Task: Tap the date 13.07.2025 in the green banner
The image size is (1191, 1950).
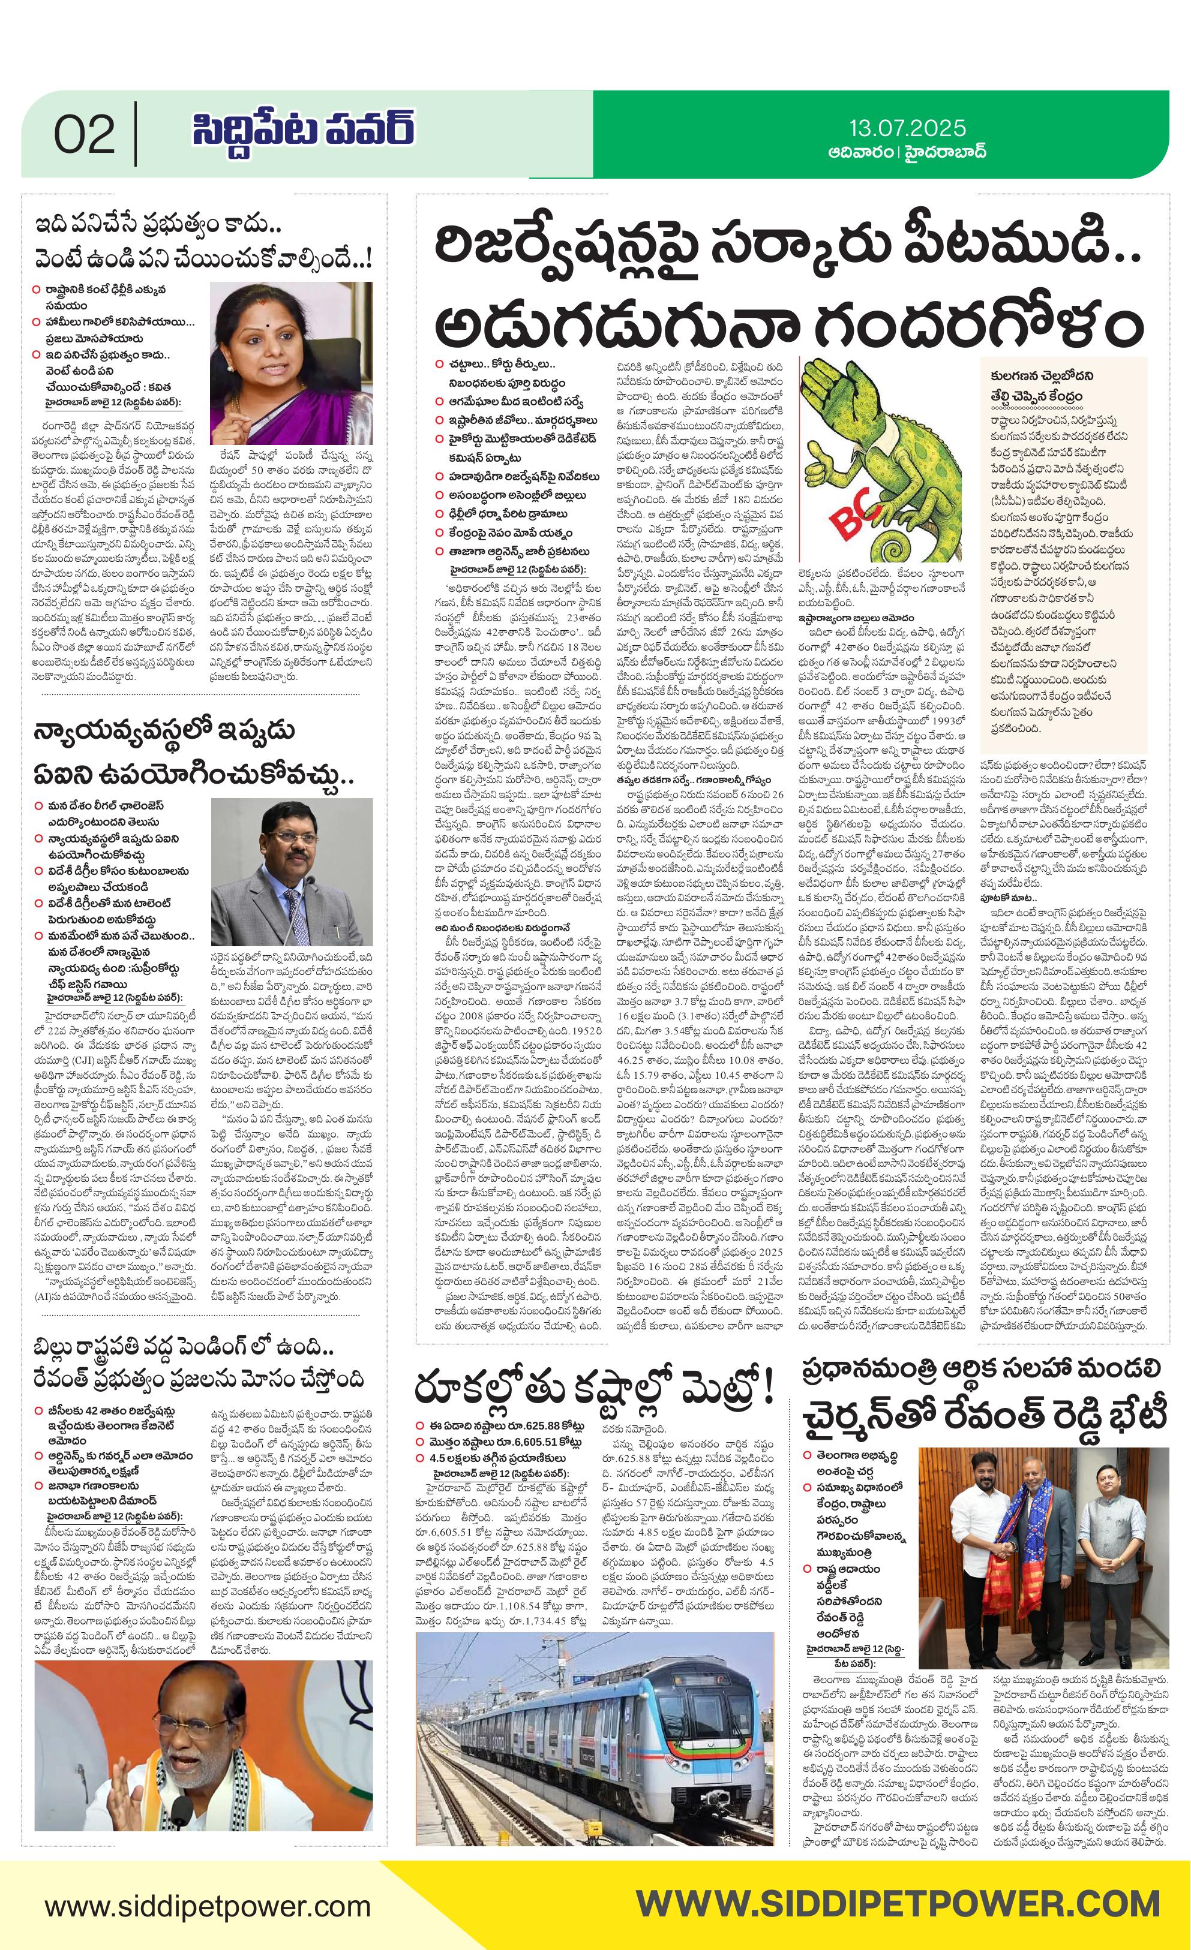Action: (x=908, y=127)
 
